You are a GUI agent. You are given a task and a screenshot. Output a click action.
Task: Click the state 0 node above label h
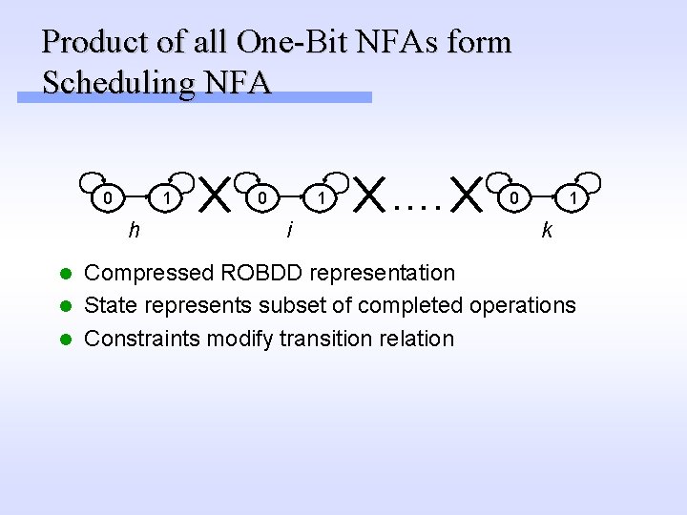point(110,198)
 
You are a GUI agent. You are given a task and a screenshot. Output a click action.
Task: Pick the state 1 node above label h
point(168,198)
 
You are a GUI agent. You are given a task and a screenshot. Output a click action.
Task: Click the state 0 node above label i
point(259,198)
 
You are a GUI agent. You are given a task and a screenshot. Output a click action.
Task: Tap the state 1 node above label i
point(323,198)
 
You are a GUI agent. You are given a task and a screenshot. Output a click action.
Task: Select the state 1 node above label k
point(573,198)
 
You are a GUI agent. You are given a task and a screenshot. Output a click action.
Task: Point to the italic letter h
point(135,229)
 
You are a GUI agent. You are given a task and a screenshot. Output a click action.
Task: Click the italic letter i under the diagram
point(289,229)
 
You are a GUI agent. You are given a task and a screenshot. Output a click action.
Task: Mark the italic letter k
point(546,229)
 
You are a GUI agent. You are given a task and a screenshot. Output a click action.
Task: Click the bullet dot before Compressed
point(66,274)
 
